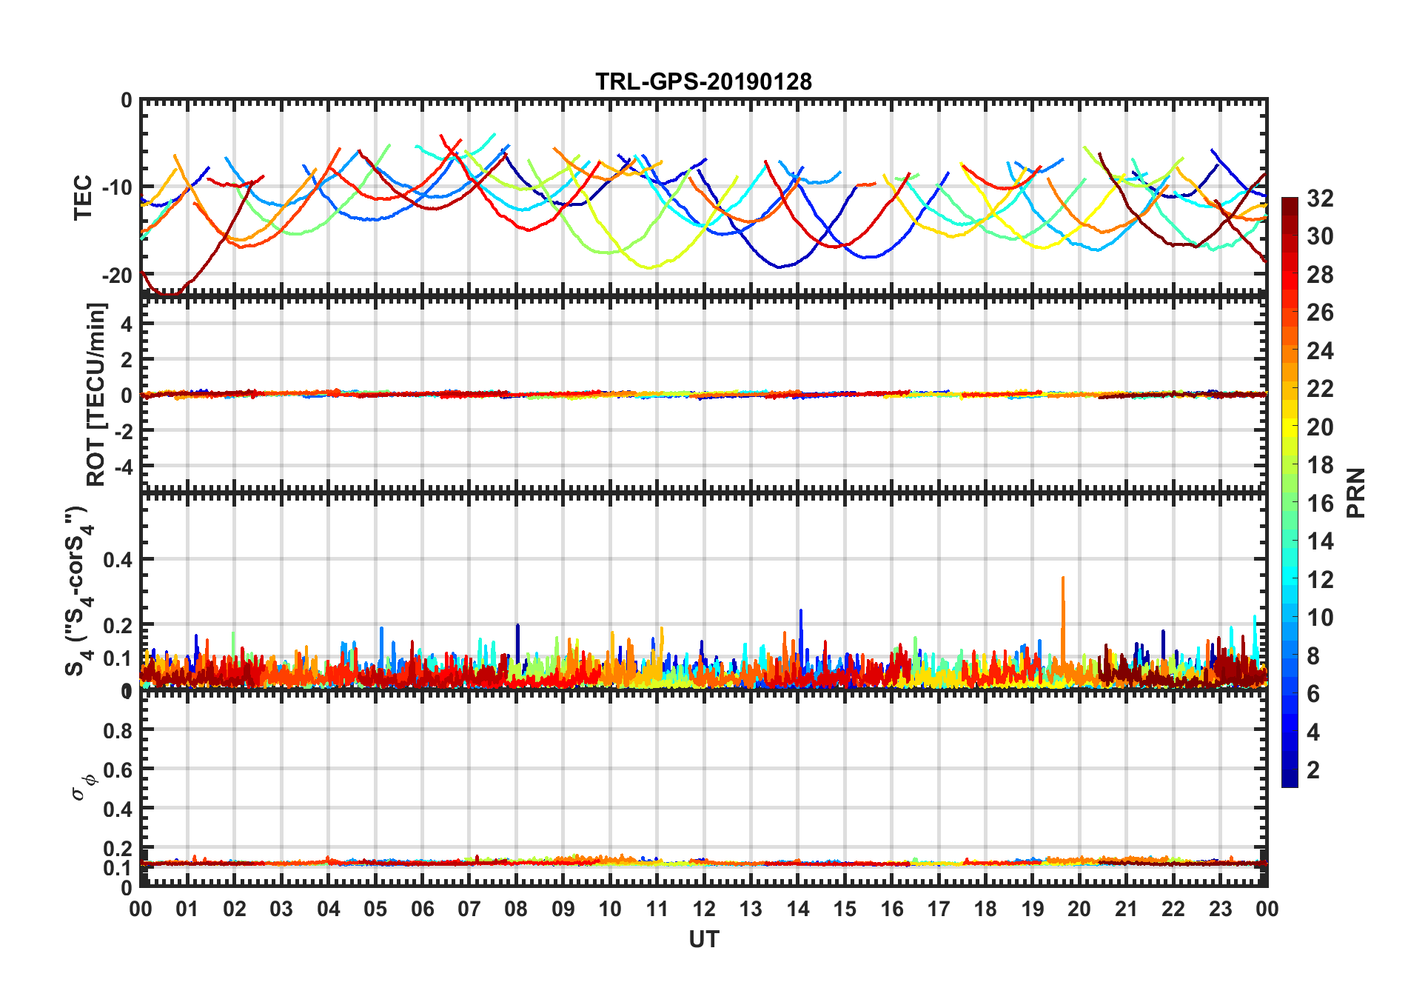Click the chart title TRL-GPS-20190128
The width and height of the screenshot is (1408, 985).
[703, 81]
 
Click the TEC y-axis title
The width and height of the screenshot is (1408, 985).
[83, 197]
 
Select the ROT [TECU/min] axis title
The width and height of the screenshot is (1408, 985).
[96, 394]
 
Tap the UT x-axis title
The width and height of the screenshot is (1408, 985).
[703, 940]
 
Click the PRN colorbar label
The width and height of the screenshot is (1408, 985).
[1355, 492]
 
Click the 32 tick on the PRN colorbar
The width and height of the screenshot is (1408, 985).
[1320, 198]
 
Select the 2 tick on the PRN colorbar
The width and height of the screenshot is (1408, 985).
[1313, 770]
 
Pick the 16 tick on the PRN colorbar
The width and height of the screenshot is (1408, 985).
[1320, 504]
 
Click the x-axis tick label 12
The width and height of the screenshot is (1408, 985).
[704, 909]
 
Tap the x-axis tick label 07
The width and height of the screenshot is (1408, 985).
[469, 909]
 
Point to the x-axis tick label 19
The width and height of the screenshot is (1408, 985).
[1032, 909]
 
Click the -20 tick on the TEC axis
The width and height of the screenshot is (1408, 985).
[117, 276]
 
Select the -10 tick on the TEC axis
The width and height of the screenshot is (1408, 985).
[117, 187]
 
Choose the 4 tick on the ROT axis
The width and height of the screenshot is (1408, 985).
[126, 324]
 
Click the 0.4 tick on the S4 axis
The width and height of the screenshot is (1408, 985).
[118, 560]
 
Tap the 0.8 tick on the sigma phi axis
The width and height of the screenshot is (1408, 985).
[118, 731]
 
